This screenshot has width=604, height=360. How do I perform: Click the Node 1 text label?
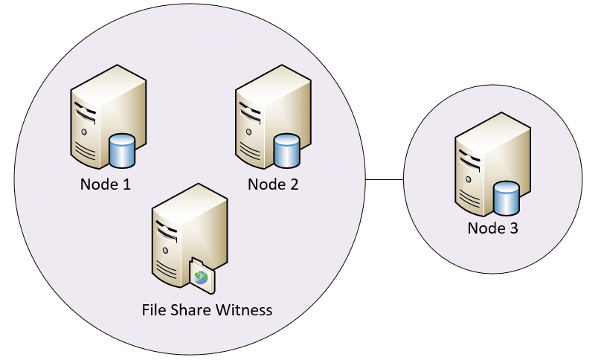[106, 184]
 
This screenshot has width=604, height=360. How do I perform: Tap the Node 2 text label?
[273, 184]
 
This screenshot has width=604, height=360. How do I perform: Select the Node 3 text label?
[492, 228]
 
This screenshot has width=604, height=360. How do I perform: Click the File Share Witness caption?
[207, 309]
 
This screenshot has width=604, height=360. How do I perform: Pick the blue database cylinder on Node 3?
[507, 197]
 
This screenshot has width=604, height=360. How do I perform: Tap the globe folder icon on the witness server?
[202, 278]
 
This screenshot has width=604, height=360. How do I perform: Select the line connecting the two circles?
[385, 179]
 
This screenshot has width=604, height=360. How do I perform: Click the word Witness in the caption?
[244, 309]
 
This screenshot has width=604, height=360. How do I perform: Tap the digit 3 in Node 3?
[513, 228]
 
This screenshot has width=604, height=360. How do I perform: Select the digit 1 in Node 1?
[126, 184]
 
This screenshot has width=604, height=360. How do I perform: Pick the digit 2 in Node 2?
[294, 184]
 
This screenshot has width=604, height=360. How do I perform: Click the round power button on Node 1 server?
[84, 132]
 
